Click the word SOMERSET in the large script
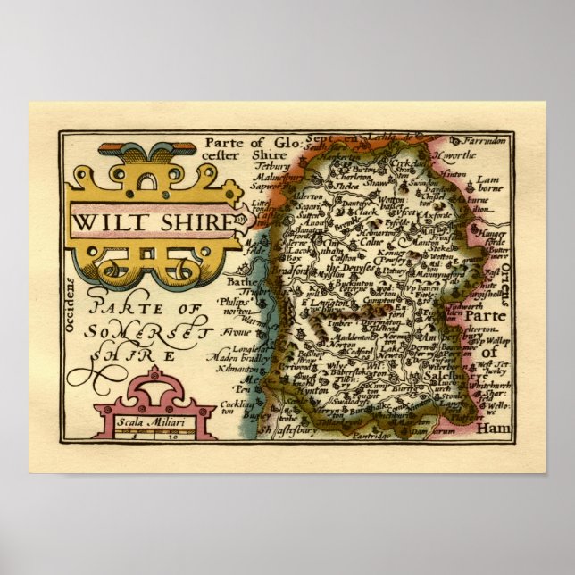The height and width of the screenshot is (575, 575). click(x=141, y=332)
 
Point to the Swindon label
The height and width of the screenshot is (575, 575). click(x=438, y=180)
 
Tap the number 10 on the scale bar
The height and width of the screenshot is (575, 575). click(x=170, y=437)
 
